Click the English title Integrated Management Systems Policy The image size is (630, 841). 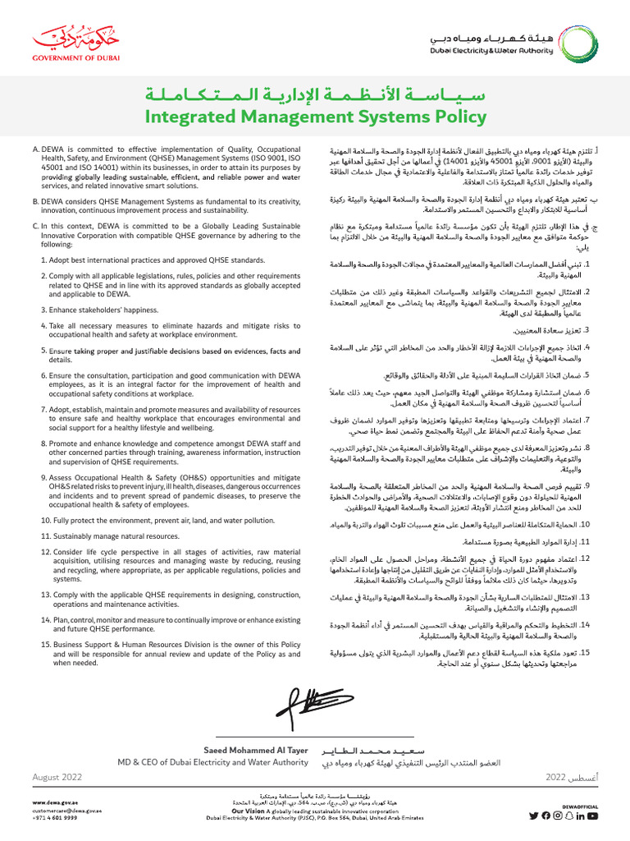click(x=315, y=117)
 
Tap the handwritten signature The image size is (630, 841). click(x=313, y=704)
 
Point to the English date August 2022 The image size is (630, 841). click(x=57, y=776)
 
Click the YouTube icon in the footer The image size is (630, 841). click(x=593, y=816)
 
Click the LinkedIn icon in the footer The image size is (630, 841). click(x=580, y=816)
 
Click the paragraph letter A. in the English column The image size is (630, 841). click(x=35, y=149)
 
